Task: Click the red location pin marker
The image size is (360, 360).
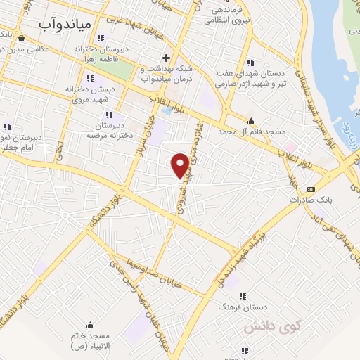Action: pyautogui.click(x=180, y=165)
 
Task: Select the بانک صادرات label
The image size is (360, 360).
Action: pyautogui.click(x=309, y=199)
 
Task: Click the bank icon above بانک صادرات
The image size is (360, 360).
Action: pyautogui.click(x=310, y=188)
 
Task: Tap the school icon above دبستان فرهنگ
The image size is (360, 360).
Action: pyautogui.click(x=243, y=296)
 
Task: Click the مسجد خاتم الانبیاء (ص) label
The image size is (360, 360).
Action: pyautogui.click(x=91, y=340)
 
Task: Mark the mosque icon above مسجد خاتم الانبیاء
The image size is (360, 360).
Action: pyautogui.click(x=90, y=325)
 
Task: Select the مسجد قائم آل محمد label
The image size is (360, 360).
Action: pyautogui.click(x=253, y=131)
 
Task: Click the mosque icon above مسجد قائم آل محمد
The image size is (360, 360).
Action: pyautogui.click(x=252, y=121)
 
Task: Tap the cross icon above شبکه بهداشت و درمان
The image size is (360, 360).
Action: pyautogui.click(x=166, y=58)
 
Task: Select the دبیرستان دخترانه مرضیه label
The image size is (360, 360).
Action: pyautogui.click(x=108, y=131)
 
